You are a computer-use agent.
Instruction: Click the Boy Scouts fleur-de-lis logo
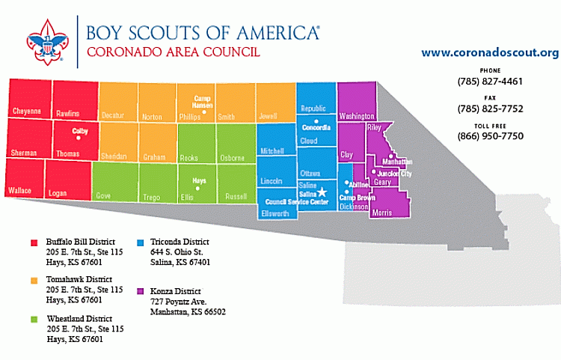46,43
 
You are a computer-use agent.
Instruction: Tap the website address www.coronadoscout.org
490,52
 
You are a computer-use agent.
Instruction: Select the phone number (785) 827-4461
490,82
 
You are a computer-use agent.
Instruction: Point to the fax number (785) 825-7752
490,109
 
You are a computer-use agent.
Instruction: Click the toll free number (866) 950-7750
490,135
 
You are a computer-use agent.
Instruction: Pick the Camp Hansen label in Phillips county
203,101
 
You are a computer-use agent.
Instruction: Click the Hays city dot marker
199,188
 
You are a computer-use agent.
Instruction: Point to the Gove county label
103,195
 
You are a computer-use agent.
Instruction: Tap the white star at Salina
322,192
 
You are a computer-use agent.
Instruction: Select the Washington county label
356,117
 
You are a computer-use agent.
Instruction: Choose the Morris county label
381,213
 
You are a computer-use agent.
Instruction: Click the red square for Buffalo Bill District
34,242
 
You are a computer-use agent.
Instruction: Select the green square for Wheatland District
34,319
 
